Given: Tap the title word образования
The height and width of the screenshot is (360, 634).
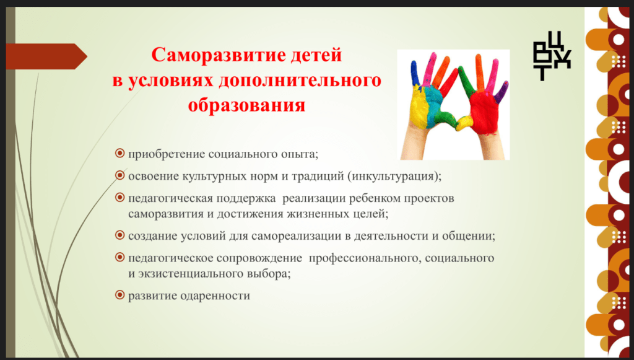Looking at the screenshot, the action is pos(246,105).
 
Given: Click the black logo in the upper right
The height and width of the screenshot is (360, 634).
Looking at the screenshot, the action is pos(552,56).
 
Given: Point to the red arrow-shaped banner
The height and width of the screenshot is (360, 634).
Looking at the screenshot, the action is pos(46,56).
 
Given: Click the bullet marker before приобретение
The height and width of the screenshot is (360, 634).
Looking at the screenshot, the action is pos(119,153).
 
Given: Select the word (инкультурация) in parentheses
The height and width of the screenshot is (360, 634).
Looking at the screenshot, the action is pos(396,177).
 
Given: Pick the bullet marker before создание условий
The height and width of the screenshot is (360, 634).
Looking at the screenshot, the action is pos(119,235).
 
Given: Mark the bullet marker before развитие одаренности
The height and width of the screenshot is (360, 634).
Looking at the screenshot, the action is pos(119,295).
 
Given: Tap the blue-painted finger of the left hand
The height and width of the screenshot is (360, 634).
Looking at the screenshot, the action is pos(415,74).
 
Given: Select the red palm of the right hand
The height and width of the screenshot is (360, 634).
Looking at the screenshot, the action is pos(483,113).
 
